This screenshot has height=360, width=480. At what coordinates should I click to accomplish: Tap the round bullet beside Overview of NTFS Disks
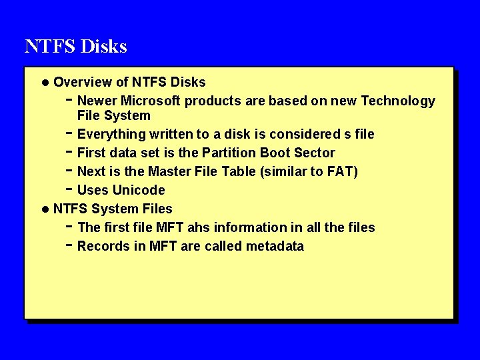coord(45,83)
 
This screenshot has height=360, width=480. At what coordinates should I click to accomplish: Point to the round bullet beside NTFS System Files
coord(45,209)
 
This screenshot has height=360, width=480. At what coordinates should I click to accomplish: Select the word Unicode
coord(139,190)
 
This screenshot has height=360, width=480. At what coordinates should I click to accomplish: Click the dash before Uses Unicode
coord(70,189)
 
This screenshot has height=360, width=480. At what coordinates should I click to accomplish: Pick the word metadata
coord(275,246)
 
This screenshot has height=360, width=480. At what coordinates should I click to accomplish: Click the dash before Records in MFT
coord(70,245)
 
